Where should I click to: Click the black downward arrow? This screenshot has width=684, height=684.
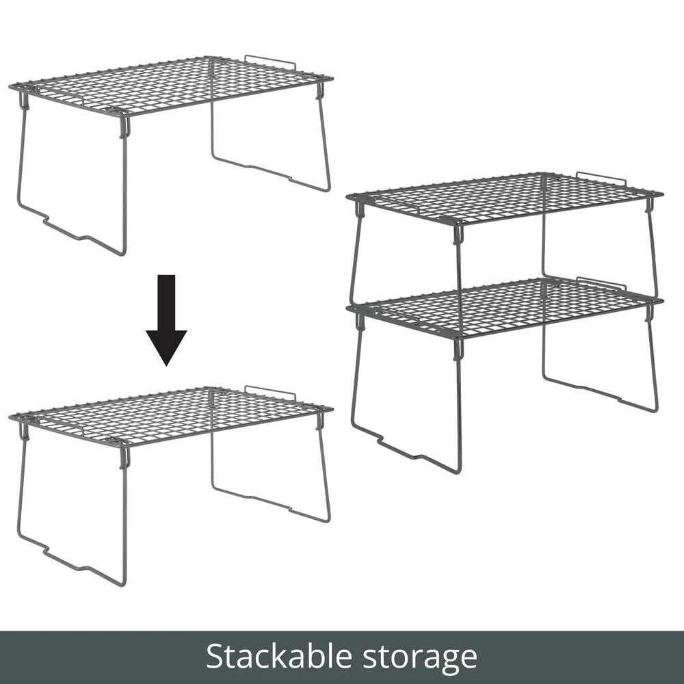pos(166,319)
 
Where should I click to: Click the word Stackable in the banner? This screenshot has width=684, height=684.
pos(279,656)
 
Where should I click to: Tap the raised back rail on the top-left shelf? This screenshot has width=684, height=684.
pos(270,60)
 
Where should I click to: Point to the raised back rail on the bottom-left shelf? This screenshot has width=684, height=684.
pos(270,391)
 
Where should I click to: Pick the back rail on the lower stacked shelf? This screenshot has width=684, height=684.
pos(601,282)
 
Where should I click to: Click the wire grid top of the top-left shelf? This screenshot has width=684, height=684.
pos(171,85)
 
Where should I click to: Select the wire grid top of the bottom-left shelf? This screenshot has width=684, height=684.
pos(171,416)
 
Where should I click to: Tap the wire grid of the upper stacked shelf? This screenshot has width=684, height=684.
pos(505,198)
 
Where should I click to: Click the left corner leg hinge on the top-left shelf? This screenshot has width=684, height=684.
pos(24,101)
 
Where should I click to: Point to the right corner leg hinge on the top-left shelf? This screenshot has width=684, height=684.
pos(321,90)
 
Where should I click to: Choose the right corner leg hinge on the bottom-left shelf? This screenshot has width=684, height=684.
pos(321,421)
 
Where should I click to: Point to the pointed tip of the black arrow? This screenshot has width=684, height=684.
pos(166,366)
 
